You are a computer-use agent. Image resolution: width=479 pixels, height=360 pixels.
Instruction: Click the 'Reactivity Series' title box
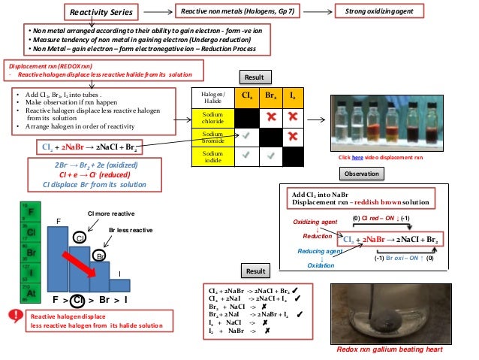[x=101, y=12]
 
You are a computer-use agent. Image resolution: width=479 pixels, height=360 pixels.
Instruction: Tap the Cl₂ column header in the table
[x=246, y=96]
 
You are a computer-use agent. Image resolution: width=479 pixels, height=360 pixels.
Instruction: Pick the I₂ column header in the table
[x=292, y=96]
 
